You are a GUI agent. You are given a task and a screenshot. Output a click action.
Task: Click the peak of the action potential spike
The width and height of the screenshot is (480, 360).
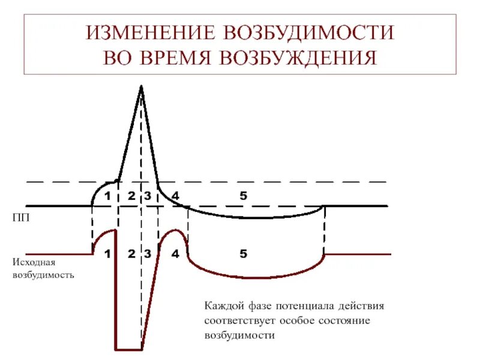pos(142,87)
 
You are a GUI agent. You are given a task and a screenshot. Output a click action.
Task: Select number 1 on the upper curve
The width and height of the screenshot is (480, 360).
pos(107,196)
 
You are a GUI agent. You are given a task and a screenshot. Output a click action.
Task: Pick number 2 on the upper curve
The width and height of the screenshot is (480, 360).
pos(131,196)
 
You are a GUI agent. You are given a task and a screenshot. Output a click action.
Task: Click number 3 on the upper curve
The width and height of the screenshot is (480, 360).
pos(147,196)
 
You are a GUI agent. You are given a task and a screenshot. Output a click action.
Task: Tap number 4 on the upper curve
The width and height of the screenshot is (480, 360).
pos(175,196)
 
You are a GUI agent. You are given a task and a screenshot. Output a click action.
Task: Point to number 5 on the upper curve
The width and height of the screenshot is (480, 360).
pos(243,196)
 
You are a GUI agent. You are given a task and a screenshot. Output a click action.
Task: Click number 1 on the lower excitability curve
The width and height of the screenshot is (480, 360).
pos(107,254)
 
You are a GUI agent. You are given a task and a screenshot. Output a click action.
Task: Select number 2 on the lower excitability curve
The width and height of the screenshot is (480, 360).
pos(131,254)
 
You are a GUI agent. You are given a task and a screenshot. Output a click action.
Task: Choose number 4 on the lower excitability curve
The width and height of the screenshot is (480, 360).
pos(175,254)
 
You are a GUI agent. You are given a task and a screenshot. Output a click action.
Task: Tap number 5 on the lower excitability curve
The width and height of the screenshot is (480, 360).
pos(243,254)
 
